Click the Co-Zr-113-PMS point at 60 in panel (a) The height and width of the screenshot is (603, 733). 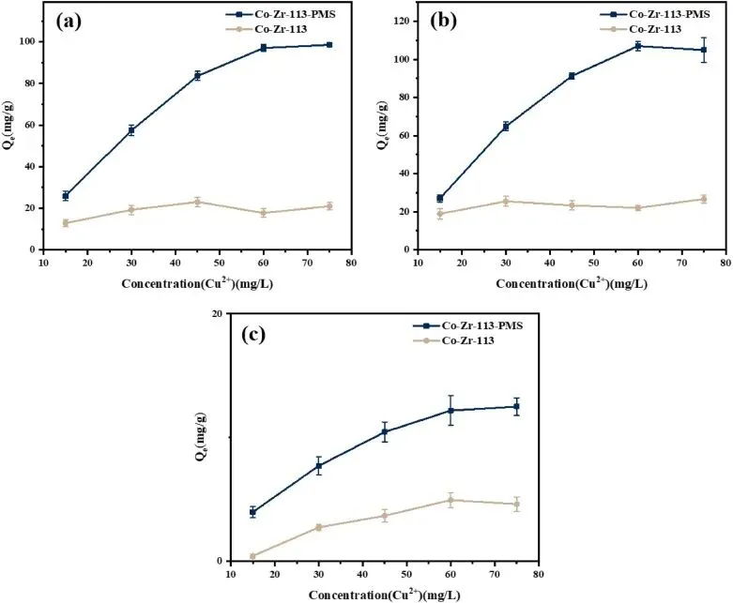(264, 48)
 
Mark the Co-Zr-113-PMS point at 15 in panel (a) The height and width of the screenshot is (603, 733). (66, 196)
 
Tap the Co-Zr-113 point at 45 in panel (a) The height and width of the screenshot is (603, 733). (197, 202)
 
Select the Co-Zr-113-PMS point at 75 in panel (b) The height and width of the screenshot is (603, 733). (703, 50)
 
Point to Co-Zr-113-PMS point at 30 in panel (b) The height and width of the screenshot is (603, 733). (506, 126)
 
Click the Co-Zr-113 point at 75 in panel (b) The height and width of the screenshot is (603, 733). (703, 199)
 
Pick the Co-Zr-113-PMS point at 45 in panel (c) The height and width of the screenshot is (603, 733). (385, 431)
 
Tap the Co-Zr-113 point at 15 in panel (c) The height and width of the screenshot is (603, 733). (252, 556)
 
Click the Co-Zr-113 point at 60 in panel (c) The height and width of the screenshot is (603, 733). (450, 500)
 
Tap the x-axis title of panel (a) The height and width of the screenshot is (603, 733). (196, 283)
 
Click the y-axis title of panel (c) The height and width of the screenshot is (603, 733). (200, 437)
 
